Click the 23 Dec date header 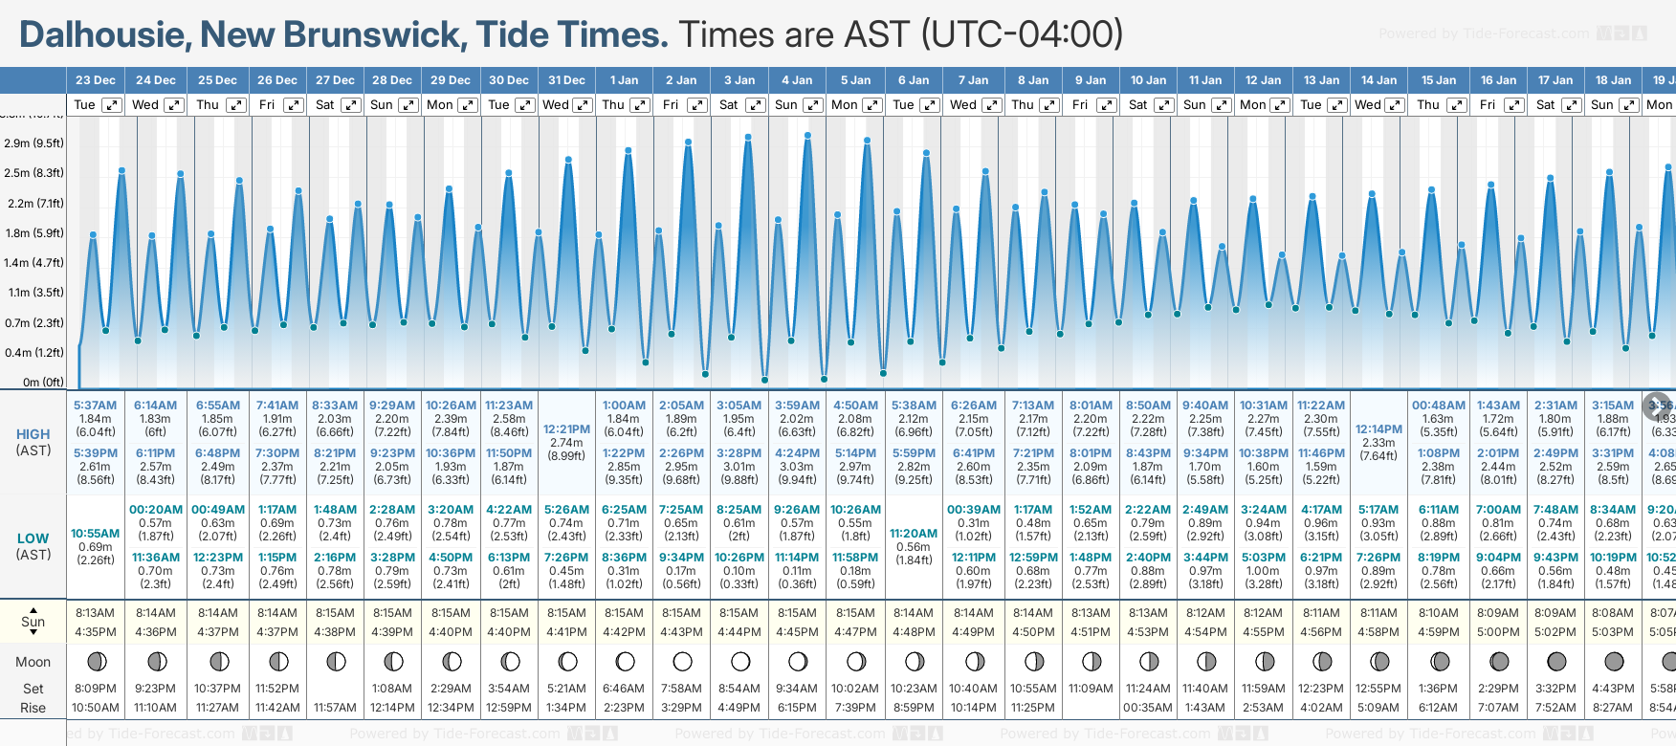tap(96, 80)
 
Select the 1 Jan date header tap(624, 80)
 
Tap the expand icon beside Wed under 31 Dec tap(583, 105)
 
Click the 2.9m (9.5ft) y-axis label tap(33, 143)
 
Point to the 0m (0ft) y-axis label tap(43, 383)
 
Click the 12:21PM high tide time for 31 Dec tap(566, 429)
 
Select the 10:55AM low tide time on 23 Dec tap(96, 534)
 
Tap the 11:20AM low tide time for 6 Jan tap(914, 534)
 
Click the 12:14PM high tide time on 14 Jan tap(1378, 429)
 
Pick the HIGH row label tap(33, 434)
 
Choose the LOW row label tap(33, 539)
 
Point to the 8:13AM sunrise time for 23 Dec tap(96, 613)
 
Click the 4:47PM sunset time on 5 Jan tap(855, 632)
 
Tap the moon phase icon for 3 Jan tap(740, 661)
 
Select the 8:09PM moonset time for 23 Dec tap(96, 689)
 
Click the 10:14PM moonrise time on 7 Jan tap(973, 708)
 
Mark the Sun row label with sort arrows tap(33, 622)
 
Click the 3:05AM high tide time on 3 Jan tap(739, 406)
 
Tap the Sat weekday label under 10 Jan tap(1137, 105)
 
